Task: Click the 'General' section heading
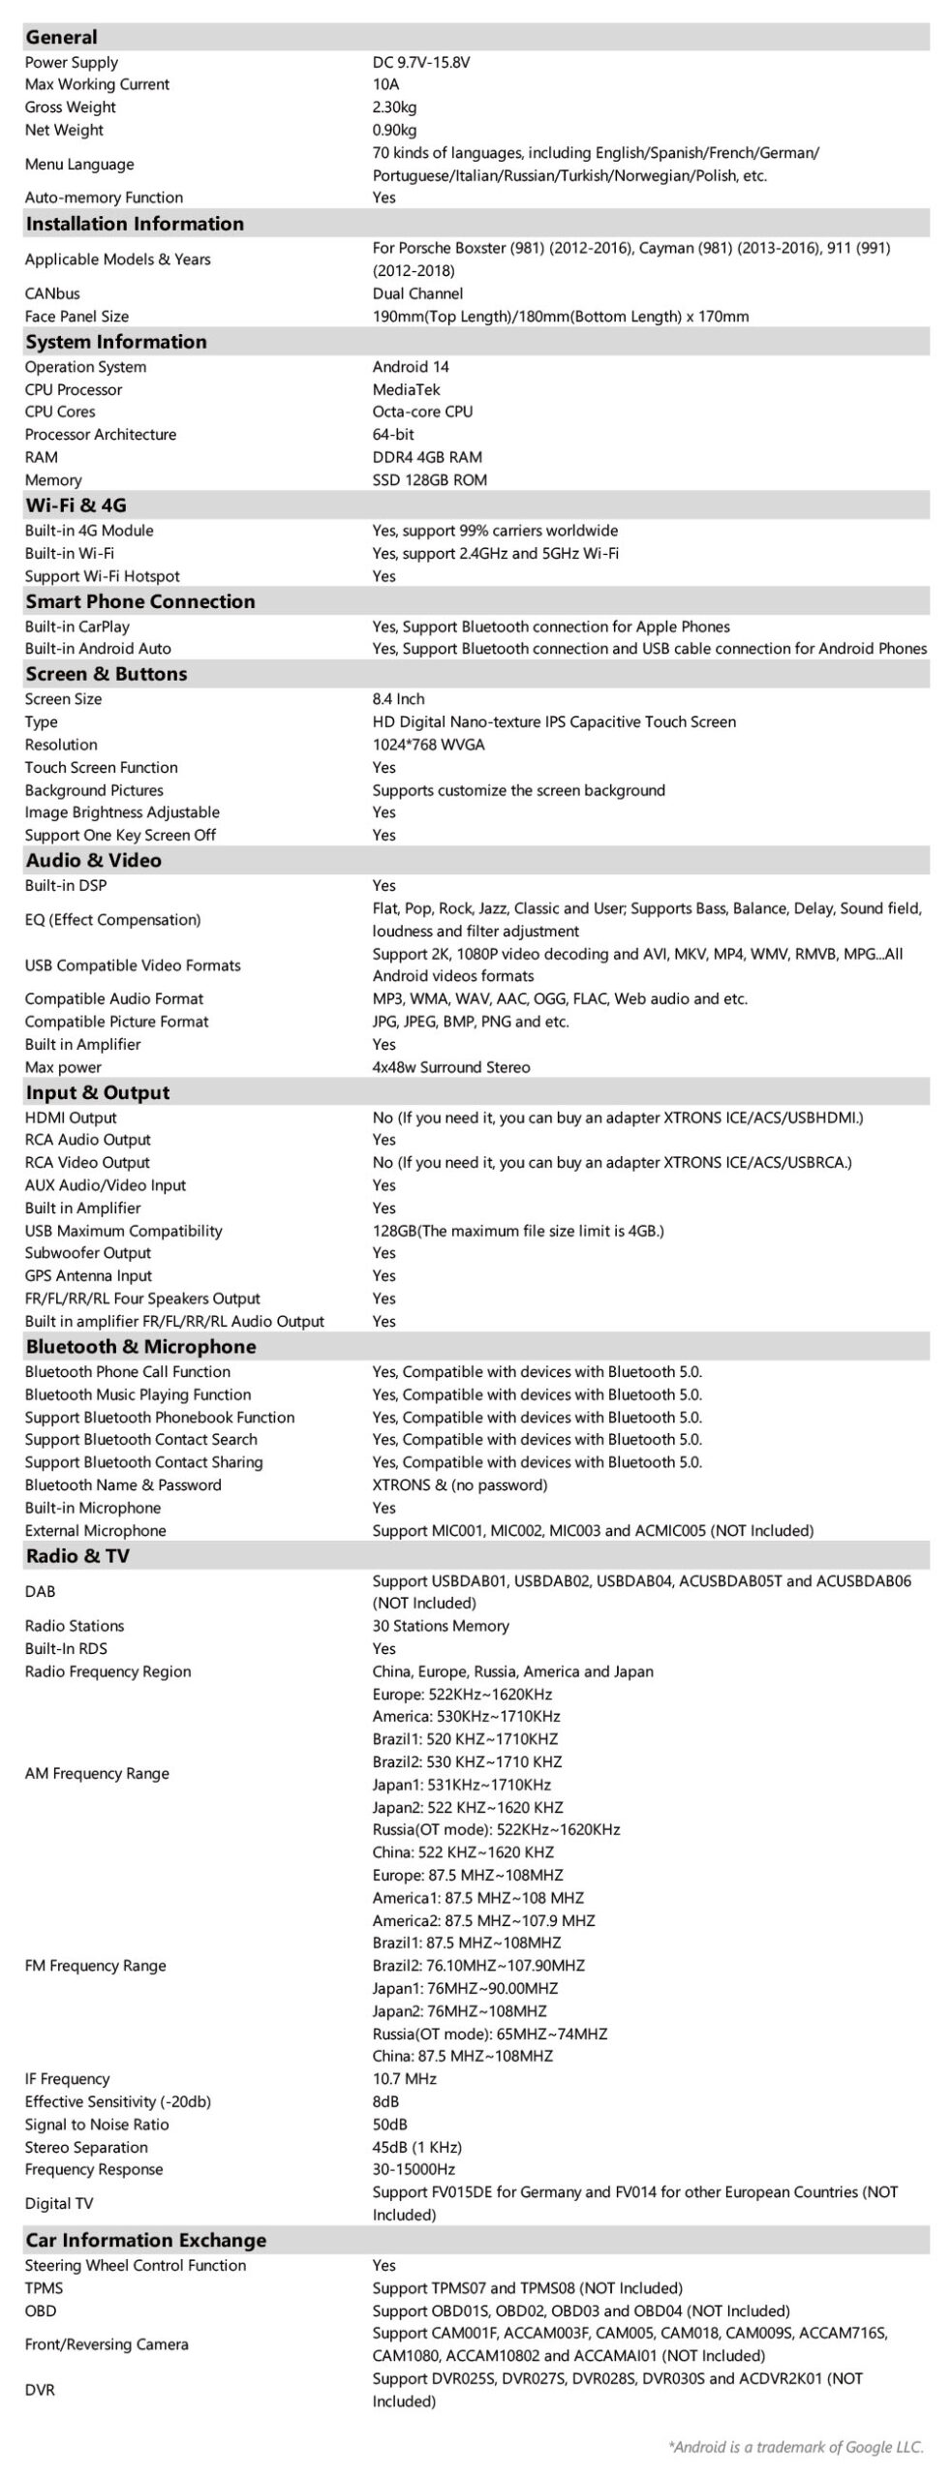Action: (x=61, y=37)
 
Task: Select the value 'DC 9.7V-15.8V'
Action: (x=421, y=62)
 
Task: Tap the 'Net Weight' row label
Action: (x=64, y=130)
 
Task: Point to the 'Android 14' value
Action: (x=411, y=367)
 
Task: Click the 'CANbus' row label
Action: (x=52, y=293)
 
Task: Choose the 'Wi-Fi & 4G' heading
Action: (x=76, y=505)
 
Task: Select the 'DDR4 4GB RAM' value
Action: (x=427, y=457)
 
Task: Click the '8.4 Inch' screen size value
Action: (x=398, y=699)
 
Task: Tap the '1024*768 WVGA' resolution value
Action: (x=428, y=745)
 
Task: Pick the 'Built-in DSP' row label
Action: (x=66, y=886)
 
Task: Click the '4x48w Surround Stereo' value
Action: (x=451, y=1067)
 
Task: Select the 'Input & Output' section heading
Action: (x=98, y=1092)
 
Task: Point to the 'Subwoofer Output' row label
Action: (x=88, y=1253)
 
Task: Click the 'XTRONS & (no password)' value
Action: (x=460, y=1485)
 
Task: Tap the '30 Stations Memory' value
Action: (x=441, y=1626)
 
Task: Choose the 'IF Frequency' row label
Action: (x=68, y=2079)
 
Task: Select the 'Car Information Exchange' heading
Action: (x=145, y=2240)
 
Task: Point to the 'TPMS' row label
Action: (x=45, y=2288)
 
